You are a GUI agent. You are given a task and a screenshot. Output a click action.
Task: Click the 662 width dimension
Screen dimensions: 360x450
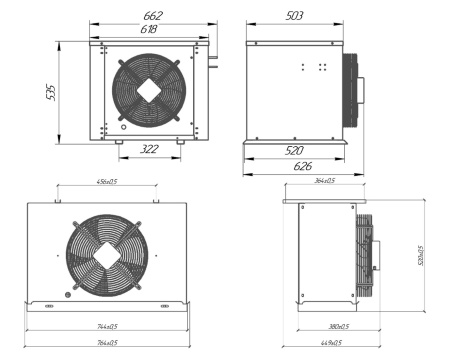coord(152,17)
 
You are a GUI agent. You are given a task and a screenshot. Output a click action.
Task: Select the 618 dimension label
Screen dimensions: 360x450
coord(151,31)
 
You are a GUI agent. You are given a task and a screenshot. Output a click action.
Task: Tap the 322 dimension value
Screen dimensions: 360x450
coord(150,149)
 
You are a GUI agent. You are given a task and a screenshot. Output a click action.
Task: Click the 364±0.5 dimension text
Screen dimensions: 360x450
coord(324,182)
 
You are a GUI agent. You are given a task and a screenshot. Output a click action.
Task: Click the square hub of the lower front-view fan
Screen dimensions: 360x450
coord(105,254)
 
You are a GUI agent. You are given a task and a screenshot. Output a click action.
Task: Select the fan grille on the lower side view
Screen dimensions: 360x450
coord(367,254)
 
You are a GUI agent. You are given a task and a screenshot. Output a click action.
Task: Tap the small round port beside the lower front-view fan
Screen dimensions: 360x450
coord(68,294)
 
